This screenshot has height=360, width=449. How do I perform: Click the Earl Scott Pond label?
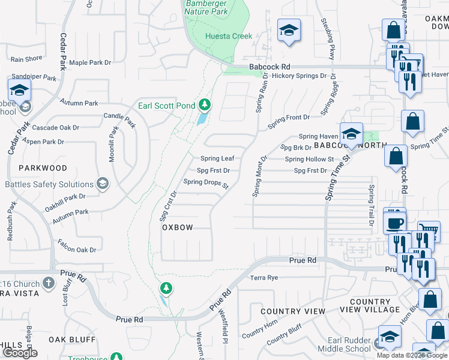pos(166,106)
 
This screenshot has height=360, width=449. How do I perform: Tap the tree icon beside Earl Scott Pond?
pos(205,106)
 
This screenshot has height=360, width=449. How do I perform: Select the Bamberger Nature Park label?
pos(207,7)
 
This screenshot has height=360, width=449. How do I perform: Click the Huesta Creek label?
pos(229,36)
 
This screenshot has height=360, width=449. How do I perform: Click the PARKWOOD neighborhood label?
pos(43,168)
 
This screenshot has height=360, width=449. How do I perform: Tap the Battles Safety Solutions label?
pos(49,184)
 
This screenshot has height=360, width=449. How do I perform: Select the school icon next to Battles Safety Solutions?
pos(102,184)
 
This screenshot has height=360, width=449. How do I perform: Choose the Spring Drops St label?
pos(206,183)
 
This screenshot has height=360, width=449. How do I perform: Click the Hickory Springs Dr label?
pos(299,76)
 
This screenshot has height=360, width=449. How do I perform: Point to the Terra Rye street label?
pos(265,278)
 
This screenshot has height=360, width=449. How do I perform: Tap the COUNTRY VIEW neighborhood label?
pos(293,311)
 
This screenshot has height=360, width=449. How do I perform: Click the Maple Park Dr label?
pos(90,62)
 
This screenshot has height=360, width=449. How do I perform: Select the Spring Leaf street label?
pos(217,158)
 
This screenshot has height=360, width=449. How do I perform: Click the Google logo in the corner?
pos(20,353)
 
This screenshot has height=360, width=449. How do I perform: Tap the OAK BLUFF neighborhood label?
pos(73,340)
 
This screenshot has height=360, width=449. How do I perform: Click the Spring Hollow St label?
pos(309,159)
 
